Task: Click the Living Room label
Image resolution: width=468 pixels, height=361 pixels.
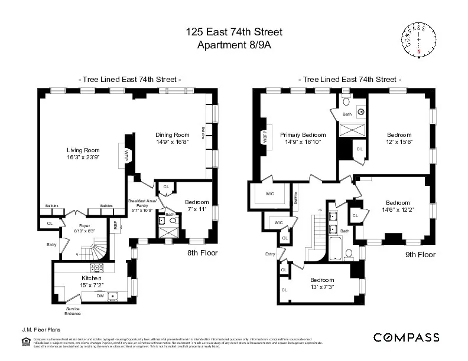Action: point(83,150)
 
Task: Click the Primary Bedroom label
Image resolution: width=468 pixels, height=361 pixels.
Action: point(303,134)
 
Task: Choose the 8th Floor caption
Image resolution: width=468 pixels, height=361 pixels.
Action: point(202,253)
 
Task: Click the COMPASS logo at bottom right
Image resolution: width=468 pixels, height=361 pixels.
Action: point(407,337)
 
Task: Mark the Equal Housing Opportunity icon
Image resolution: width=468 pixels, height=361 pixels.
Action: point(24,341)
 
